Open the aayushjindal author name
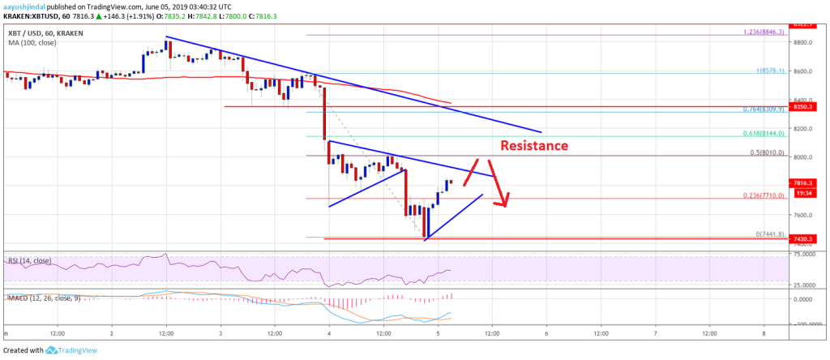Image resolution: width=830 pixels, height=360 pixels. click(x=25, y=5)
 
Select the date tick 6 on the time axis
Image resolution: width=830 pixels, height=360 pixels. click(x=547, y=333)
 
